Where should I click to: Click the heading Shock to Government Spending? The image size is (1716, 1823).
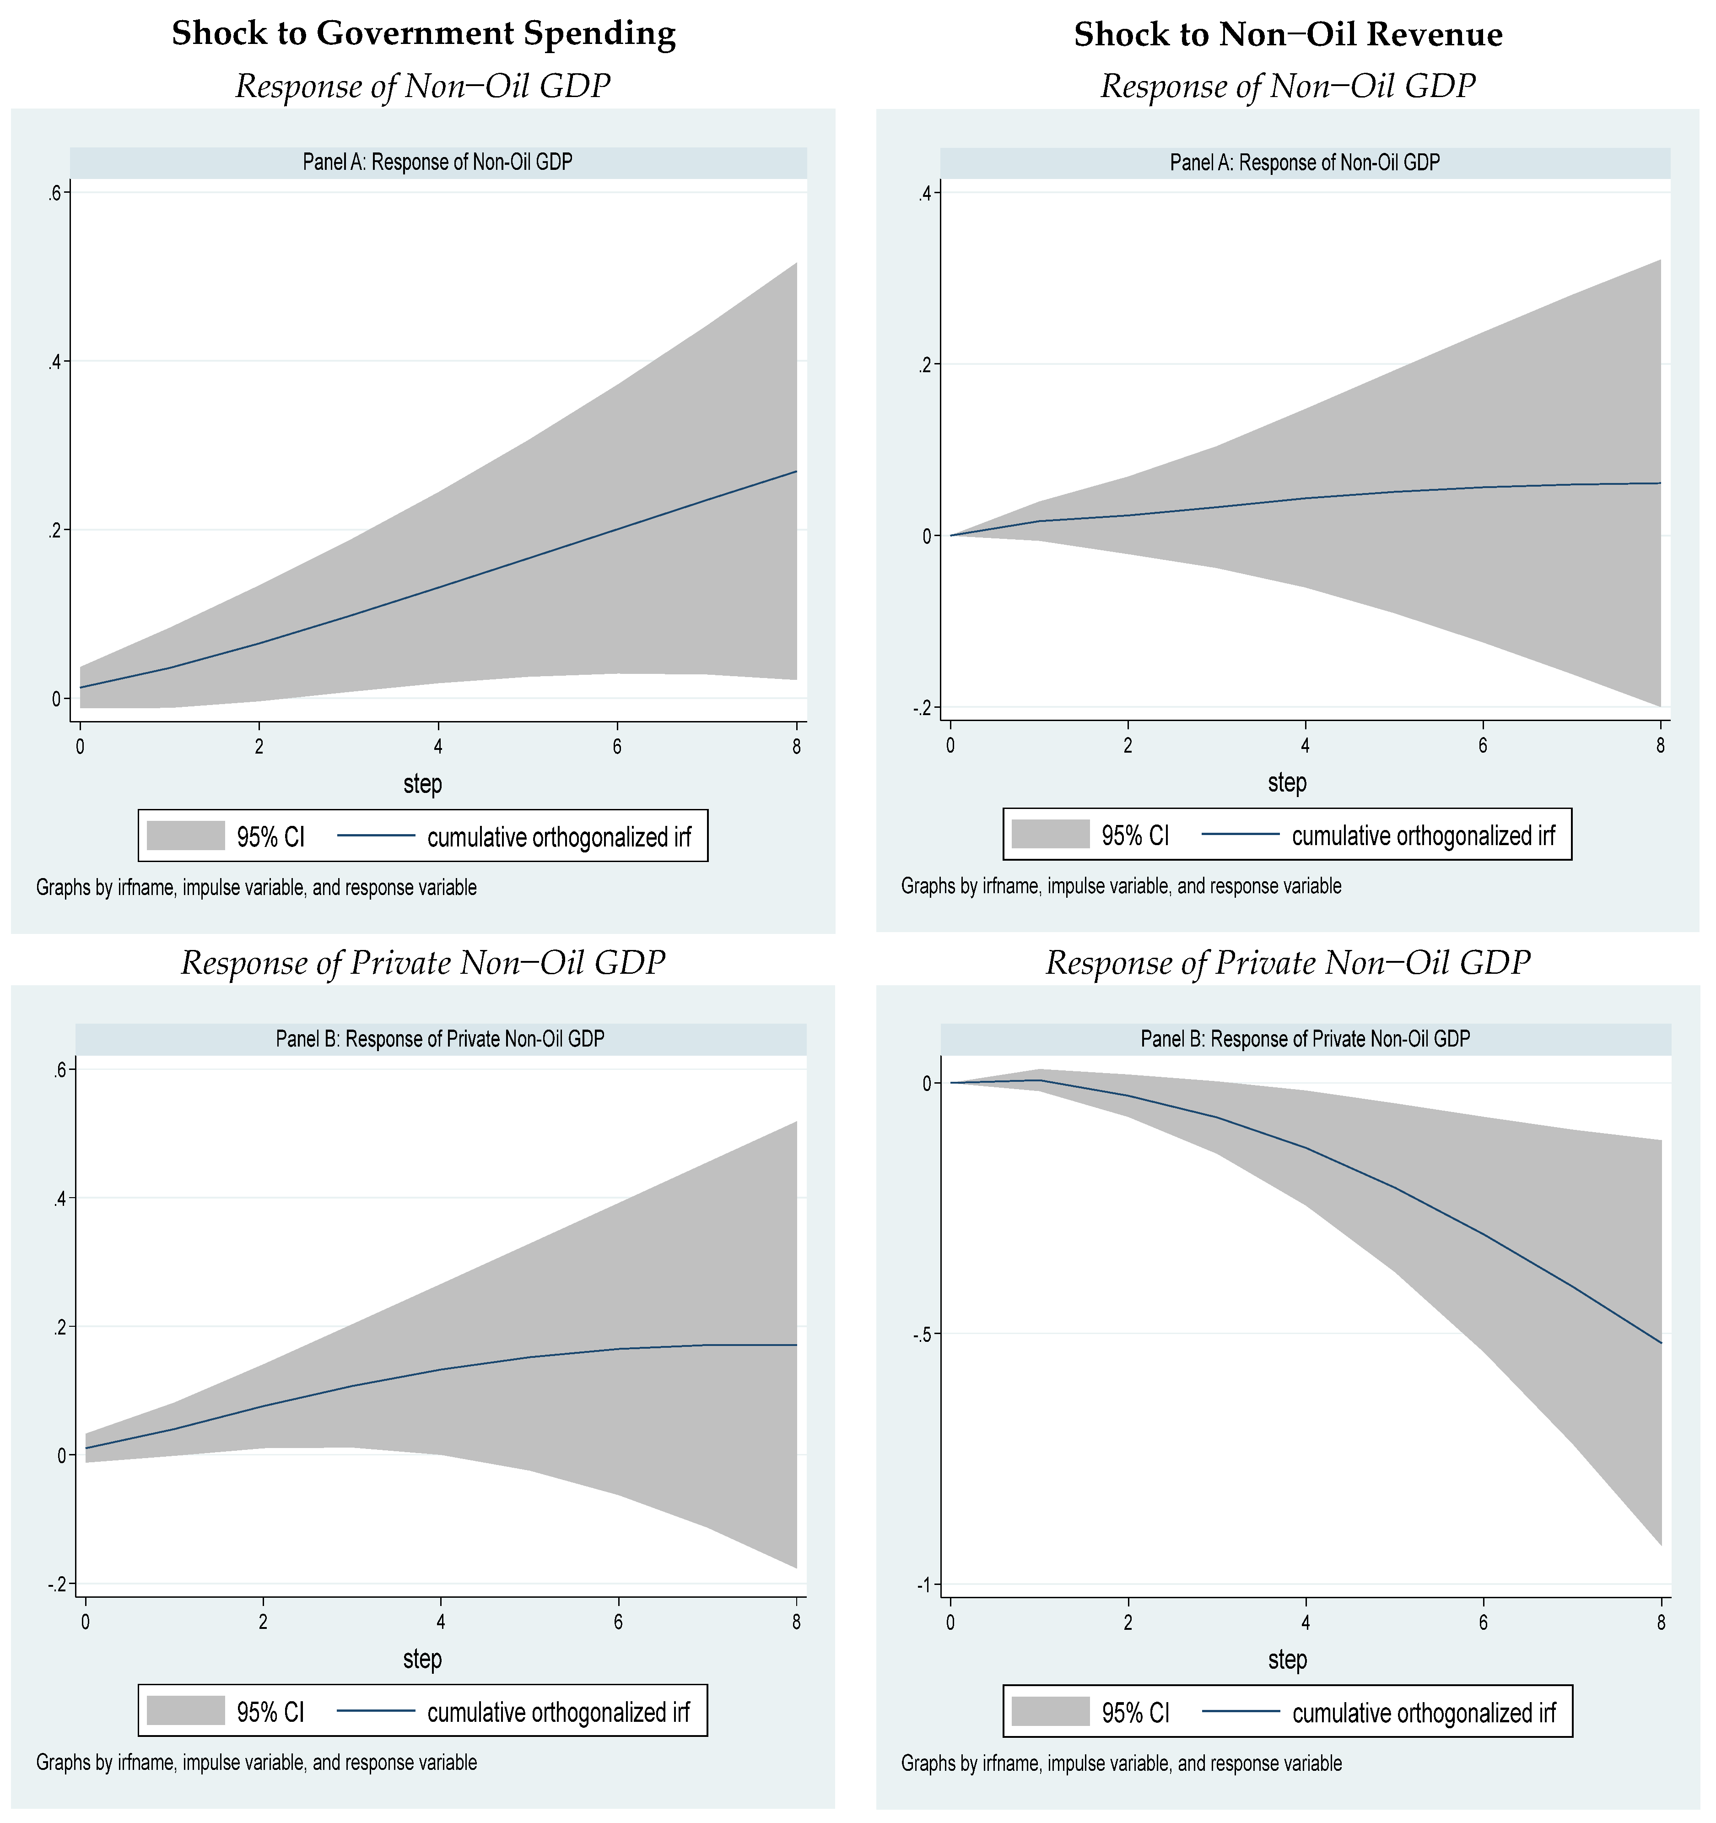click(423, 34)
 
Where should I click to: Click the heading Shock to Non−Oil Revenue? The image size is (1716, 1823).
click(1288, 35)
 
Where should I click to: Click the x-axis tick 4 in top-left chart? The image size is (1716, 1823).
click(438, 747)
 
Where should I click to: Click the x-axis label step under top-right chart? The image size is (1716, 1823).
click(1287, 783)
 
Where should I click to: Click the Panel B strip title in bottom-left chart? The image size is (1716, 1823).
click(440, 1039)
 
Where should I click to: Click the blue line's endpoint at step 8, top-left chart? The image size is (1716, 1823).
click(796, 472)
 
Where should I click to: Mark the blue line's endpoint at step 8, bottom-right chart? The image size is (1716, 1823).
click(1660, 1343)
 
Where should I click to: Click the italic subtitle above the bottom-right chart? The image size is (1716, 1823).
click(1288, 963)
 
